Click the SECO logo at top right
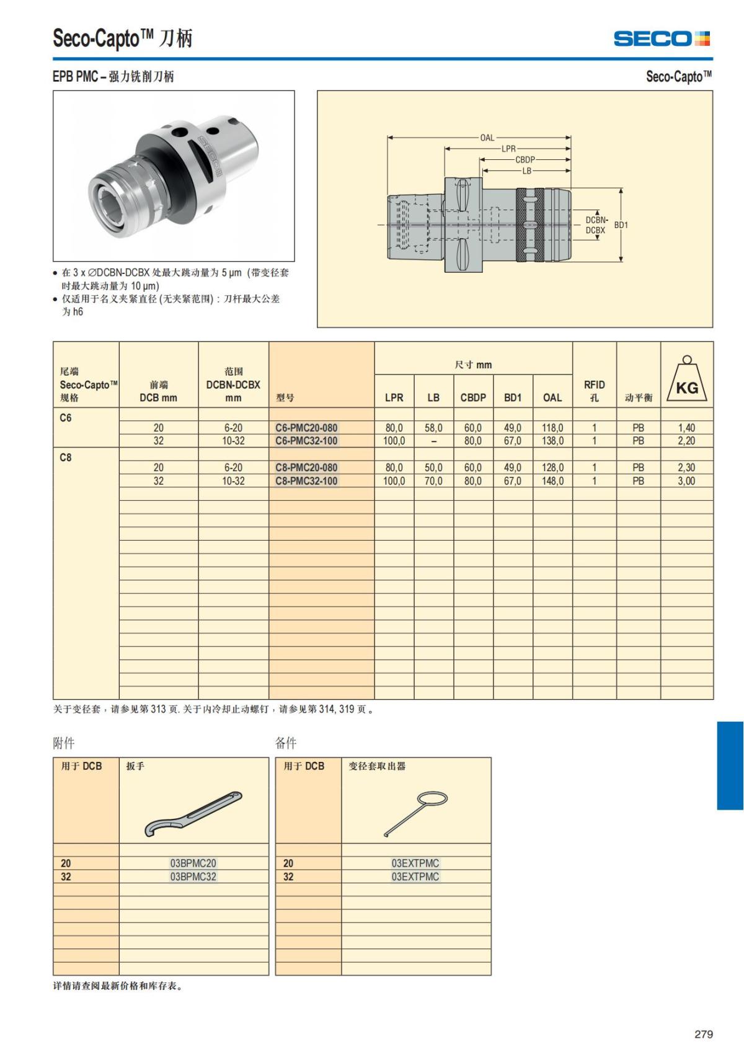tap(662, 39)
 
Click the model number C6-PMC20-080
tap(306, 428)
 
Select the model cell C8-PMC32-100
tap(306, 481)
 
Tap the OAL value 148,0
tap(552, 481)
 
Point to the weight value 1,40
tap(686, 428)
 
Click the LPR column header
tap(394, 398)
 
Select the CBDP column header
tap(473, 398)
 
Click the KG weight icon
tap(686, 380)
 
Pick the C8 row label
tap(66, 457)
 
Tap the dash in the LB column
tap(433, 441)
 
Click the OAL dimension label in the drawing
tap(487, 138)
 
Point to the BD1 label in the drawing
tap(621, 225)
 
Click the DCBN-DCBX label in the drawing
tap(596, 225)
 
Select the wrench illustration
tap(193, 813)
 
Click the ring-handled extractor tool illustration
tap(416, 813)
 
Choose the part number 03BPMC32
tap(193, 877)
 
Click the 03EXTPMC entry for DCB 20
tap(415, 863)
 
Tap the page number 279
tap(704, 1034)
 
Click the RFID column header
tap(594, 391)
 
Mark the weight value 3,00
tap(686, 481)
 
